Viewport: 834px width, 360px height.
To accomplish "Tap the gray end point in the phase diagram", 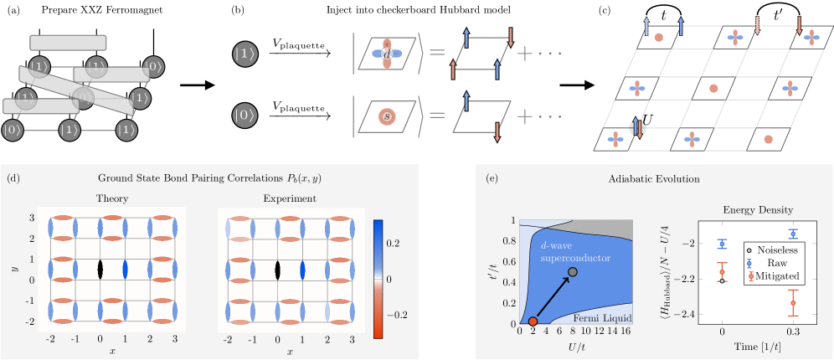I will pyautogui.click(x=573, y=272).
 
